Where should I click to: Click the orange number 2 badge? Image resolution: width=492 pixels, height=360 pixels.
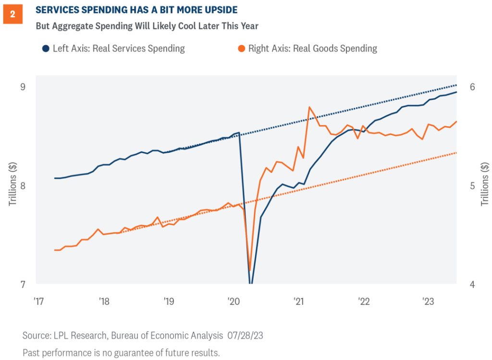(12, 14)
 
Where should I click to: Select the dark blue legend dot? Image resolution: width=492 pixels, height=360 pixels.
(45, 49)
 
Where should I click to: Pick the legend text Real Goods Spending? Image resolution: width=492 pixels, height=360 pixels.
(336, 49)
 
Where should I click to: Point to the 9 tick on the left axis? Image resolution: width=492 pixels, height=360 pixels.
(22, 87)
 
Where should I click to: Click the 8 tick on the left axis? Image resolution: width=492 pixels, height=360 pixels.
(22, 186)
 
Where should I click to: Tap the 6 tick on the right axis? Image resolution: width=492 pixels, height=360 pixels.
(472, 87)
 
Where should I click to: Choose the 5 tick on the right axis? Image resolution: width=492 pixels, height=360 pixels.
(472, 186)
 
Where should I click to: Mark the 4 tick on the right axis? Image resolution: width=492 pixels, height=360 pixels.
(472, 285)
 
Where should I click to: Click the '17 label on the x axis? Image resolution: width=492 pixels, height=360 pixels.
(38, 301)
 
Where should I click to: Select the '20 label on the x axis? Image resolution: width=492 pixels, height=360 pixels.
(234, 301)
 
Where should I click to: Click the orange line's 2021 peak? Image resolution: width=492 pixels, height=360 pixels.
(309, 107)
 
